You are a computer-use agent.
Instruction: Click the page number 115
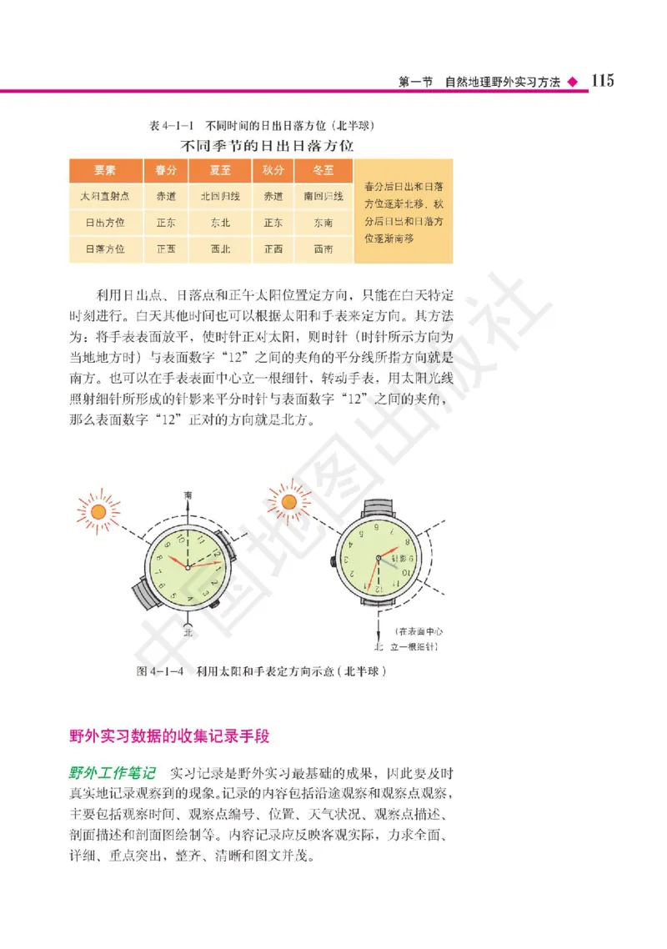click(602, 80)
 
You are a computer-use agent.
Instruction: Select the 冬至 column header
click(323, 171)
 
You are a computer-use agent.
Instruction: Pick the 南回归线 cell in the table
click(323, 197)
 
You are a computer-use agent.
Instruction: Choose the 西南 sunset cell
click(323, 249)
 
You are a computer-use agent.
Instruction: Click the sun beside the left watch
click(99, 510)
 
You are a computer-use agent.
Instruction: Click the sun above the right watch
click(290, 502)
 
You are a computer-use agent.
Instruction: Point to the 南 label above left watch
click(188, 495)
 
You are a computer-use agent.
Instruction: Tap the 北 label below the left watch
click(188, 631)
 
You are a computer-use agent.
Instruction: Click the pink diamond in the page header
click(571, 82)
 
